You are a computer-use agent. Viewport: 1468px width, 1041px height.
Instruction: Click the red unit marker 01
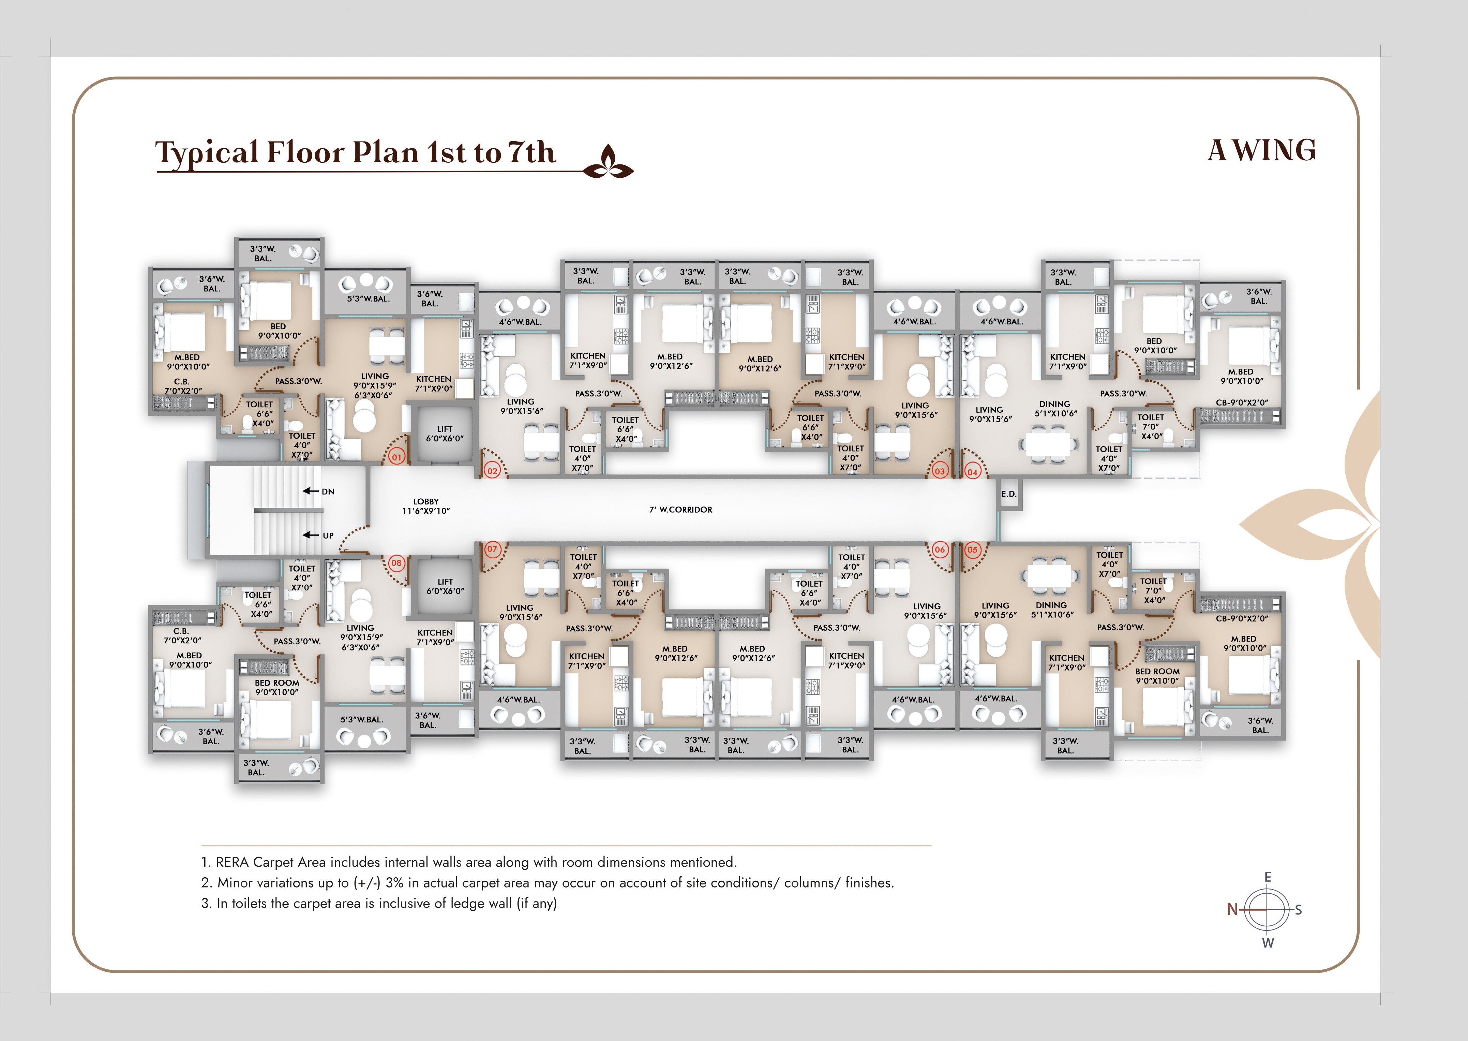pos(396,457)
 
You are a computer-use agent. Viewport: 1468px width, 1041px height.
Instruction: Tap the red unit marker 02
pos(492,470)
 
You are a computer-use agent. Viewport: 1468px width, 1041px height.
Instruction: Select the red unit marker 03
pos(939,471)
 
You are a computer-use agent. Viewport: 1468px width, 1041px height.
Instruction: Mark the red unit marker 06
pos(939,549)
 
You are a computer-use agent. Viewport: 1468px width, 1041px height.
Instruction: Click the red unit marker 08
pos(396,563)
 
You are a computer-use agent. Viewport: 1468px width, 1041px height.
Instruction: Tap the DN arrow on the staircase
pos(311,491)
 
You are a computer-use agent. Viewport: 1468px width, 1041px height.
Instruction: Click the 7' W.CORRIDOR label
pos(680,510)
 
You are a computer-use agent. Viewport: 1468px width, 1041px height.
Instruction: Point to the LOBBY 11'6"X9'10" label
pos(426,506)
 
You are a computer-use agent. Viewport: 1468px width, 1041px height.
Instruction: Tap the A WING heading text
pos(1261,151)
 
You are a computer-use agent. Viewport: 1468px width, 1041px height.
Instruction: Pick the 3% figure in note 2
pos(394,883)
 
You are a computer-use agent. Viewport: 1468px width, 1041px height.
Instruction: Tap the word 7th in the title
pos(531,152)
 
